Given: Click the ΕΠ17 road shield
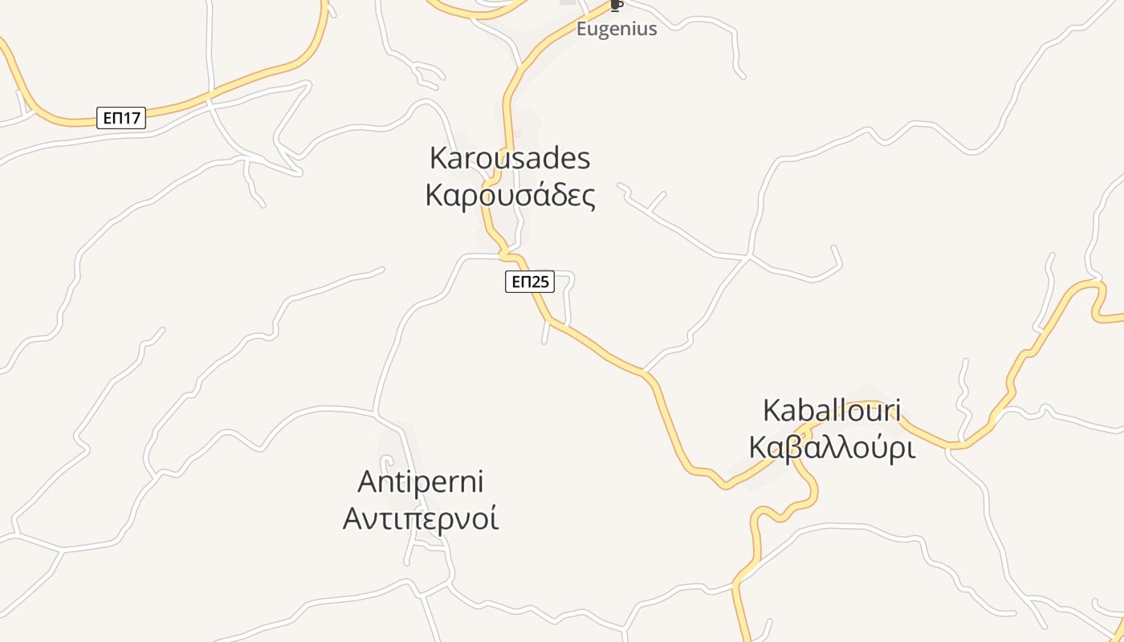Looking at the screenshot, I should (x=121, y=118).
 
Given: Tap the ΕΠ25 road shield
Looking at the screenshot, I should (x=530, y=282).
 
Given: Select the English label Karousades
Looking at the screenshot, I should (x=510, y=158).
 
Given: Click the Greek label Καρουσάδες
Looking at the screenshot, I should (x=511, y=195).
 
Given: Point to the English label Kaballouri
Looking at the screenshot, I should (x=831, y=410).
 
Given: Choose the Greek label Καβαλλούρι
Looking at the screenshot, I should (x=832, y=448).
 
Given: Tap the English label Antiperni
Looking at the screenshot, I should (x=421, y=481).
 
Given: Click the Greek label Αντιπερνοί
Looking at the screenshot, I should (x=421, y=518).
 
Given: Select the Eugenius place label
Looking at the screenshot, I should (x=617, y=29).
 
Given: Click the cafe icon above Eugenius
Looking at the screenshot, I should (x=616, y=6).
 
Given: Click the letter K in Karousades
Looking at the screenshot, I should (x=438, y=158).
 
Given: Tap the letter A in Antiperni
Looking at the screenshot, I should (x=368, y=482).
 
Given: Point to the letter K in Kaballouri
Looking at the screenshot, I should (x=772, y=410).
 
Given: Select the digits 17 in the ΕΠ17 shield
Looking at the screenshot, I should (x=132, y=118).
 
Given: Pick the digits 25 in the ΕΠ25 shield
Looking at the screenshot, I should (x=541, y=282).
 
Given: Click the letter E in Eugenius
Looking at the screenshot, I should (x=582, y=29).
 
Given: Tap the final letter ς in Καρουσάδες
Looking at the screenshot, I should (x=588, y=197).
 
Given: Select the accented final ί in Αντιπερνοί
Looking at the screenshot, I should (x=494, y=518).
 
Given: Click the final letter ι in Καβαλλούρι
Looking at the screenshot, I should (x=910, y=448).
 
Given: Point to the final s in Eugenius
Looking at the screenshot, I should (x=652, y=30).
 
